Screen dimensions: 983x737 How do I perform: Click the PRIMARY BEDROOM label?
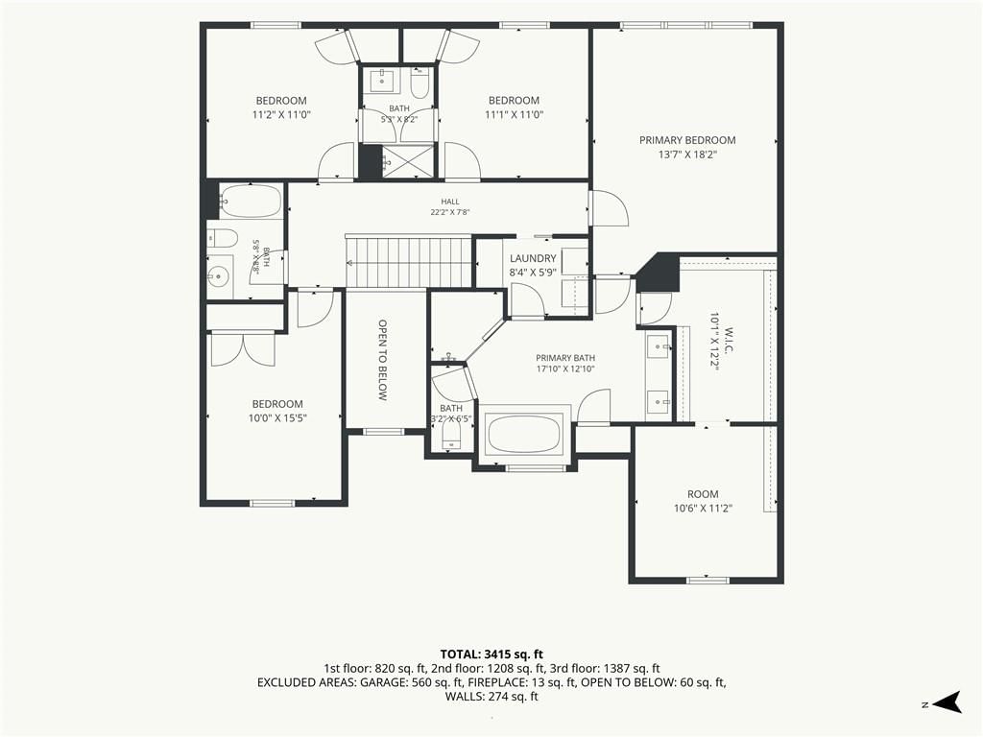click(687, 140)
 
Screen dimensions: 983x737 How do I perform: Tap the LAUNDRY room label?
click(533, 258)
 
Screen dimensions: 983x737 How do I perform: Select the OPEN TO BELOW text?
click(382, 361)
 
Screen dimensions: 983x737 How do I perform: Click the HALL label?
click(450, 202)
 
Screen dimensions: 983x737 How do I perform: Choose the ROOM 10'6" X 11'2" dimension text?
click(704, 509)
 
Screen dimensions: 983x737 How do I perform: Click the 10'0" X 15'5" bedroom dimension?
click(277, 418)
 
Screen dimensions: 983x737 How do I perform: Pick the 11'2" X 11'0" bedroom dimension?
click(281, 115)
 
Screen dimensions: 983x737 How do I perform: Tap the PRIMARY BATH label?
click(565, 358)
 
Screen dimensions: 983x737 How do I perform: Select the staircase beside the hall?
click(409, 261)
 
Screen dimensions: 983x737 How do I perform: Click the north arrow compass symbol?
click(947, 701)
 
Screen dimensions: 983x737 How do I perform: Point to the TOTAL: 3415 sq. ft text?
click(491, 654)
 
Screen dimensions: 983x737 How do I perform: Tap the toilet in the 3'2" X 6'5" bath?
click(452, 438)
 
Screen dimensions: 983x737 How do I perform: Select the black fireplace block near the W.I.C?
click(660, 272)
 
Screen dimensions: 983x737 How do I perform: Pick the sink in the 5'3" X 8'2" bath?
click(381, 81)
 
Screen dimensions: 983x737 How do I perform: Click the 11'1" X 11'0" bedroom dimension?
click(515, 115)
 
